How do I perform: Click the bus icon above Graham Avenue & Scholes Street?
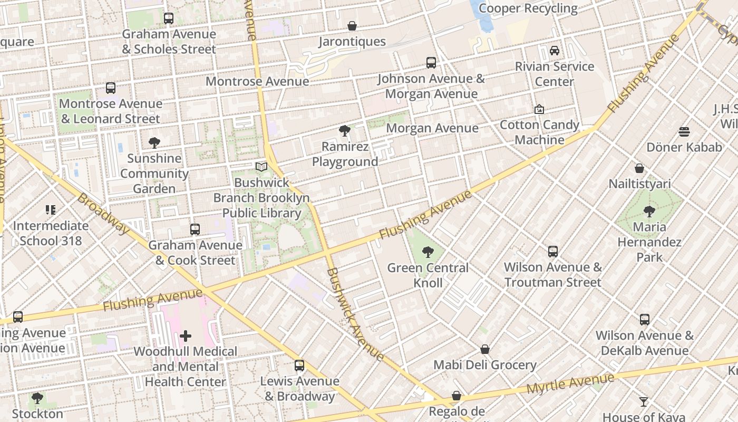click(169, 18)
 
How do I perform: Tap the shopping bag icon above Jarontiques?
click(352, 26)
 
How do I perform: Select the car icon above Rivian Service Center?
click(555, 51)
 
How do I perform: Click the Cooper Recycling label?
click(528, 8)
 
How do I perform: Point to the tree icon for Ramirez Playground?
click(345, 130)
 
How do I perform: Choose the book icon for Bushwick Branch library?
click(261, 167)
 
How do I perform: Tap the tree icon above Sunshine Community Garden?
click(154, 142)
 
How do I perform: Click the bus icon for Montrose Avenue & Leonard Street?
click(111, 88)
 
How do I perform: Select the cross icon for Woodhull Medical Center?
click(186, 335)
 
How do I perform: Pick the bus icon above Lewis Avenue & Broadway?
click(299, 366)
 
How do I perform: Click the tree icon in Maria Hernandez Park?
click(649, 212)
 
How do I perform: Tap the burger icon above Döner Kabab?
click(684, 131)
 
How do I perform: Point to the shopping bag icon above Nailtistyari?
click(639, 168)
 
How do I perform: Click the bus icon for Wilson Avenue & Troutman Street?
click(553, 252)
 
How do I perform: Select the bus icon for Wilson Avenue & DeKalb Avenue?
click(645, 320)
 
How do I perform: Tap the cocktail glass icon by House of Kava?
click(644, 402)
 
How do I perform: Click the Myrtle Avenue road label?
click(570, 385)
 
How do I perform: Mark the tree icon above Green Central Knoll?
click(428, 252)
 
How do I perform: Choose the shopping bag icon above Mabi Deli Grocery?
click(485, 349)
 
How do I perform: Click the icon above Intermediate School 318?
click(51, 210)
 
